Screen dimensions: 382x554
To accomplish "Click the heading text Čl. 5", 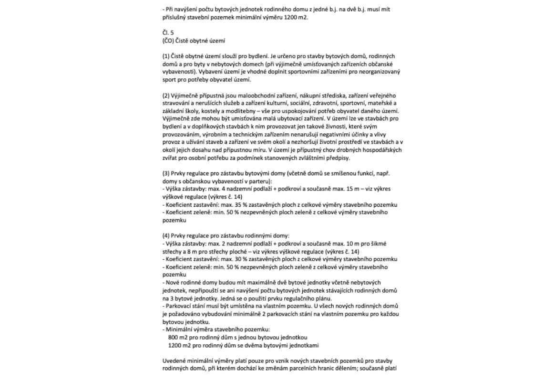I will coord(168,33).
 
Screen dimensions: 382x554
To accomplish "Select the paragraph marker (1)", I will coord(166,56).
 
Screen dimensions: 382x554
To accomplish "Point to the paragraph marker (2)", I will coord(166,96).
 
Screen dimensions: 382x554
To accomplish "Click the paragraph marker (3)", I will coord(166,174).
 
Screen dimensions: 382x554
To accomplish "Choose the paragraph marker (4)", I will coord(166,236).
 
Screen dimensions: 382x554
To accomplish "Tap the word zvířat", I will coord(171,158).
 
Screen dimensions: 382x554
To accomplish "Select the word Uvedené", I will coord(174,361).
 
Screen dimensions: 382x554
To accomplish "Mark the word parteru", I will coord(257,181).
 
